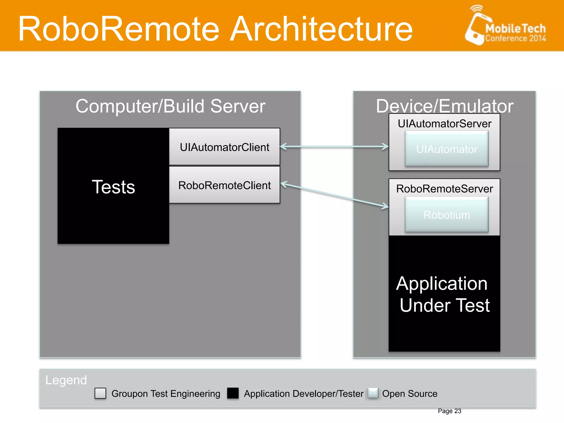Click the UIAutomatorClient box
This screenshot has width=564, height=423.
tap(224, 147)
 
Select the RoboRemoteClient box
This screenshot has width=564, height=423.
tap(224, 185)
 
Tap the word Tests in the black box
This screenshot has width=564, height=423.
tap(113, 187)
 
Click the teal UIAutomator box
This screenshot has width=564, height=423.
tap(446, 149)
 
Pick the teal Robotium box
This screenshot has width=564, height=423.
tap(446, 215)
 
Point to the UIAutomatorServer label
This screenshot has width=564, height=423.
tap(444, 124)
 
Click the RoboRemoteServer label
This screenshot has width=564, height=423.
tap(444, 189)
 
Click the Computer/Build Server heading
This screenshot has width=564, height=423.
tap(170, 106)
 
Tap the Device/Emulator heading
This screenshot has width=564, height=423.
tap(444, 106)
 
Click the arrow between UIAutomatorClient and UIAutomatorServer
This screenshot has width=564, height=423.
tap(334, 147)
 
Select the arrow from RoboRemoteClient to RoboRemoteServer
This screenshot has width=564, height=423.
tap(334, 195)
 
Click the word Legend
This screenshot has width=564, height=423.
tap(66, 380)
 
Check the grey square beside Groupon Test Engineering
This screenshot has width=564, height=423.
tap(100, 393)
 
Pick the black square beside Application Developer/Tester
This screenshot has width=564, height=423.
tap(233, 393)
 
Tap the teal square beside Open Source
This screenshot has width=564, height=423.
tap(373, 393)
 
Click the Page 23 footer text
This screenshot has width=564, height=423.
tap(449, 411)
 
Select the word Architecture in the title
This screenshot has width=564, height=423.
tap(321, 29)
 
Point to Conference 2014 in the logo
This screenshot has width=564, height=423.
tap(515, 38)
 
